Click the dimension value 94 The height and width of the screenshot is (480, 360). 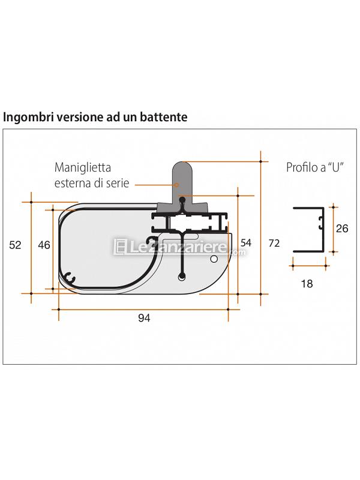point(144,318)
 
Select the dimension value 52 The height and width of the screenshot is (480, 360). point(16,245)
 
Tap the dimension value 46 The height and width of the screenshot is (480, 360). point(44,245)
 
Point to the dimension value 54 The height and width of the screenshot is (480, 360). point(246,243)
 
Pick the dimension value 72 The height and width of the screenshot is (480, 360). point(274,243)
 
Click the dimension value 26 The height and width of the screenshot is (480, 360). point(342,229)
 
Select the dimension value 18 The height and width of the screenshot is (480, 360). point(307,284)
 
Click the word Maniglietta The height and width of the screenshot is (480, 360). point(83,167)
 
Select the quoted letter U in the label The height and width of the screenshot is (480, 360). point(336,167)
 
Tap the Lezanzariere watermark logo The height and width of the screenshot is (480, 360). point(179,247)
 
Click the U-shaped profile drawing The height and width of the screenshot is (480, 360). point(308,230)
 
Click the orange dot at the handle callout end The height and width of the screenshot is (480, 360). point(176,185)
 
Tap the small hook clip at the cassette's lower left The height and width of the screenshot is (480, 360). point(70,278)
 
